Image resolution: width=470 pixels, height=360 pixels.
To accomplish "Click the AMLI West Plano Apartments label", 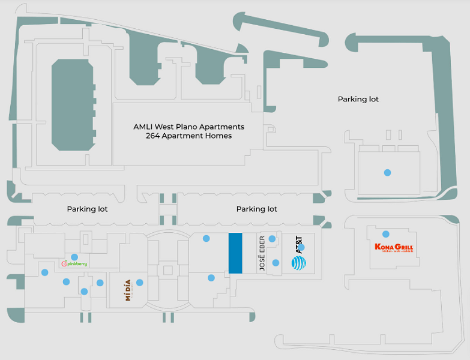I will [x=188, y=127].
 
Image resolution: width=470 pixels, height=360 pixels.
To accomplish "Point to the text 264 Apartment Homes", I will [x=188, y=136].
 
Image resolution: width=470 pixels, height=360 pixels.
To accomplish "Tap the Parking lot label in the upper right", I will [x=358, y=99].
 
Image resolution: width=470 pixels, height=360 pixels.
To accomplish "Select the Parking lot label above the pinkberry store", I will [x=87, y=209].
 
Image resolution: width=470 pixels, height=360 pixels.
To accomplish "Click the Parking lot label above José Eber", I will [x=256, y=209].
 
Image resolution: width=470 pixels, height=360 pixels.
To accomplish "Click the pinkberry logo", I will [x=75, y=264].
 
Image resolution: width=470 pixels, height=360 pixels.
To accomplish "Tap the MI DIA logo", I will [x=128, y=290].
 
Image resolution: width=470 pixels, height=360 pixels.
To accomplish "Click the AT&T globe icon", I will [x=298, y=263].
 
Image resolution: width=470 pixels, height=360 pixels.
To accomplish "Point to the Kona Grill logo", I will [x=394, y=248].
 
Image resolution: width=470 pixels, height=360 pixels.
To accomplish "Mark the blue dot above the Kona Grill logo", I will [x=386, y=234].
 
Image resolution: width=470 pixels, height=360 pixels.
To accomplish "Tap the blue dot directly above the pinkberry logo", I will [x=74, y=257].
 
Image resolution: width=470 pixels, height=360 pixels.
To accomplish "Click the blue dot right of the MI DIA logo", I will [x=140, y=283].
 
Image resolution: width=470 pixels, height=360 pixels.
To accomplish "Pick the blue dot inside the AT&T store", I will [x=301, y=247].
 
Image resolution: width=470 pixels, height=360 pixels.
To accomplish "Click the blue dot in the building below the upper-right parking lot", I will [x=387, y=172].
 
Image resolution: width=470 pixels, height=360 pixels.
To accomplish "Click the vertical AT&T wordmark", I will [x=298, y=245].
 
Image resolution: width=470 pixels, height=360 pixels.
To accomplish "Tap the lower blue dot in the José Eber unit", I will [x=276, y=262].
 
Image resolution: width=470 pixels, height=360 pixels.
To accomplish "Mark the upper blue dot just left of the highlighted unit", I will [x=206, y=238].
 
